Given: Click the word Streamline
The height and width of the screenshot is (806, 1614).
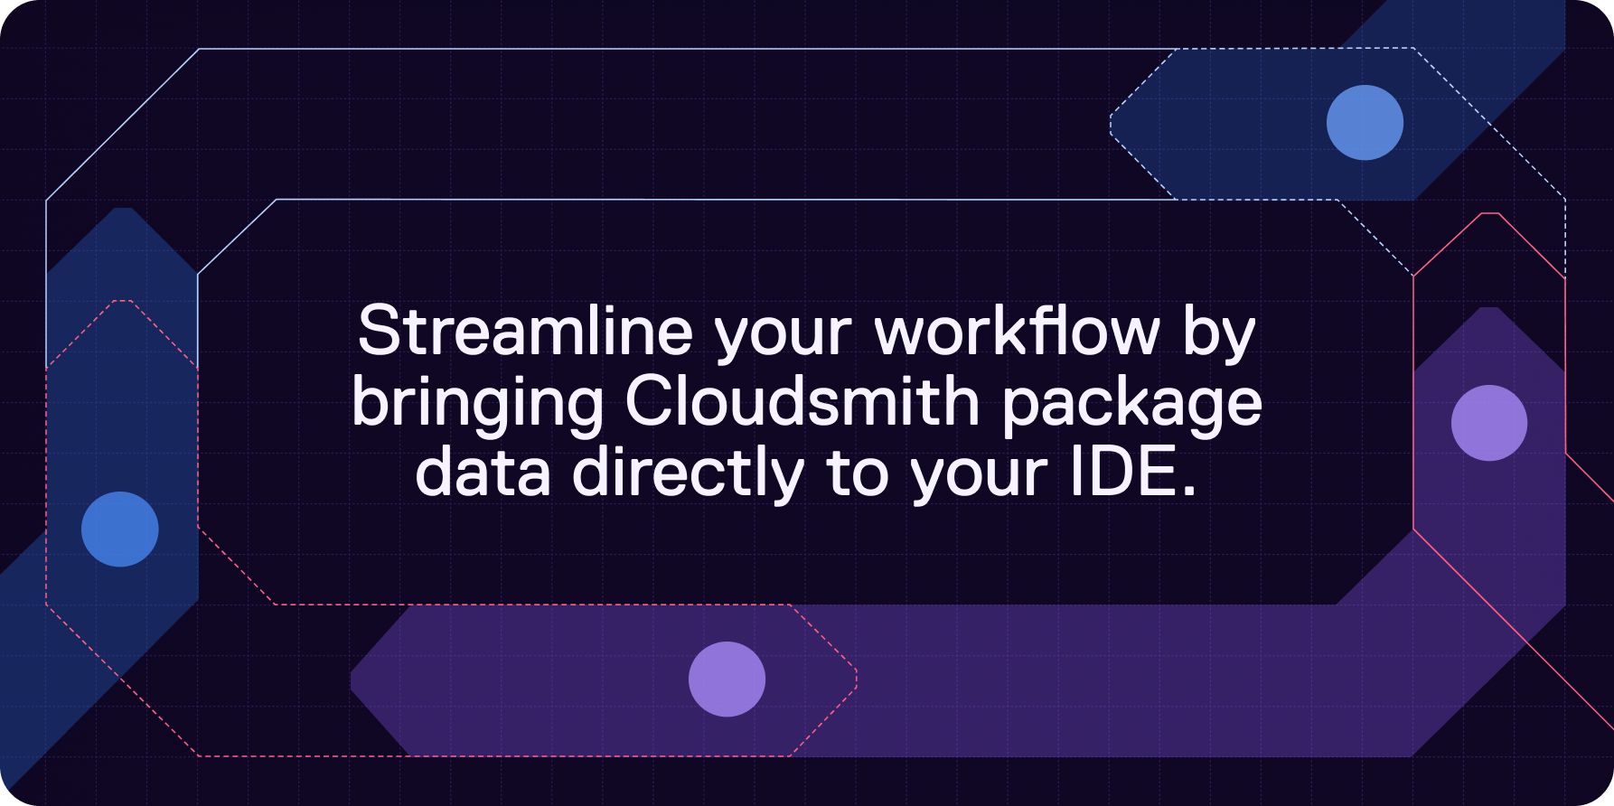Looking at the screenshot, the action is point(525,331).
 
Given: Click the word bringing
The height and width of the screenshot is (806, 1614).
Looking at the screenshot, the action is point(477,406).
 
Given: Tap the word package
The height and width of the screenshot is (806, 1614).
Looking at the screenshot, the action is point(1131,406).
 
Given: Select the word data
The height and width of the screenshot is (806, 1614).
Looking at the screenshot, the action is point(483,472).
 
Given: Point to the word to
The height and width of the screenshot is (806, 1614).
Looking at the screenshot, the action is point(858,474).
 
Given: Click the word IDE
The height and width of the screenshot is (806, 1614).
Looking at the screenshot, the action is point(1122,472).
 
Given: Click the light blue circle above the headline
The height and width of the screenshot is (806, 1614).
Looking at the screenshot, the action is point(1365,123).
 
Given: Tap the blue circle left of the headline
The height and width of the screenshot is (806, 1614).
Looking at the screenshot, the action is point(120,530).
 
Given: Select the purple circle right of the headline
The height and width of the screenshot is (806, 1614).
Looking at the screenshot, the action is point(1489,423).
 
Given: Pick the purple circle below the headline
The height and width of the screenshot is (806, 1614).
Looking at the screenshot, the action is point(727,679).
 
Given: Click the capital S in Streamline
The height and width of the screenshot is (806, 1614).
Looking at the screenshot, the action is point(379,331).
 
